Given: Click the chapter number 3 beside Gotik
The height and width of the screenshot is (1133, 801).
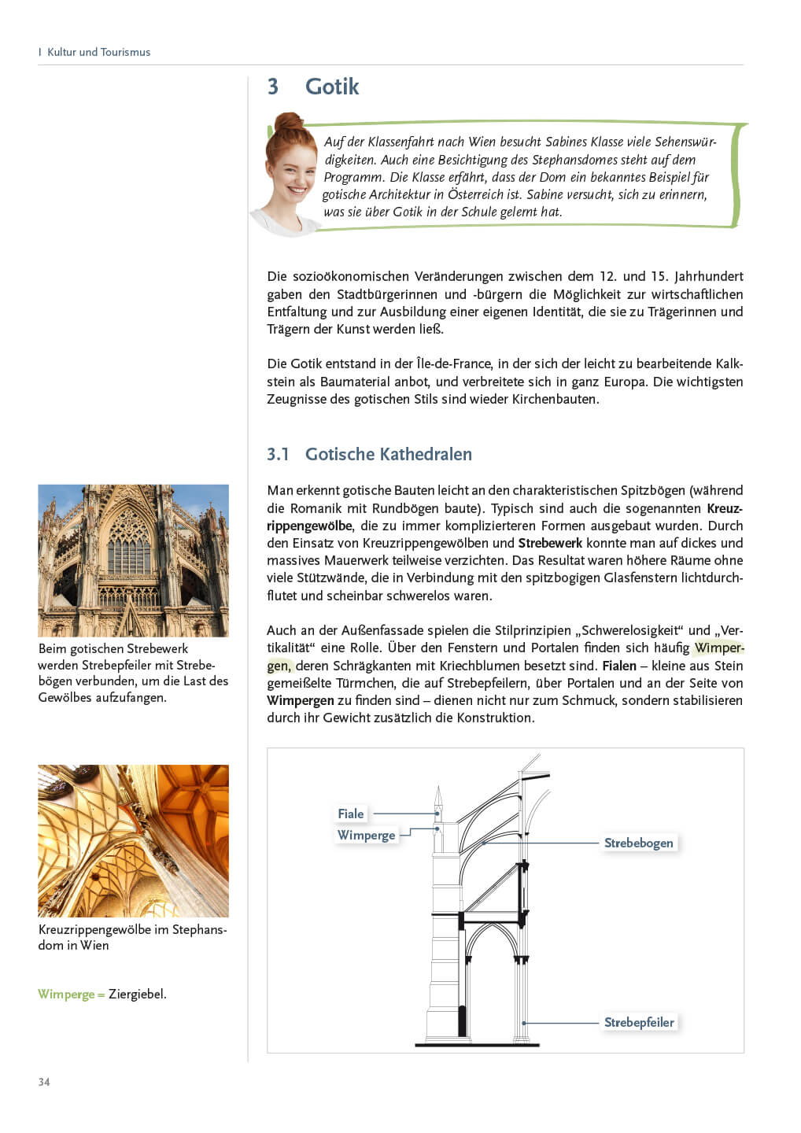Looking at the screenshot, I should pos(273,87).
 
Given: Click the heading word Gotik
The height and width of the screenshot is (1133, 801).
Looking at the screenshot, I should pos(331,87).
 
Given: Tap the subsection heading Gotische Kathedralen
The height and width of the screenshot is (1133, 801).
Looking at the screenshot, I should pos(388,454).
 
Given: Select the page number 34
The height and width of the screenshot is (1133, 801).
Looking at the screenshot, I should pos(44,1082).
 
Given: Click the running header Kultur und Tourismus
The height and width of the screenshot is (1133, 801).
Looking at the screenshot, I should pos(98,52).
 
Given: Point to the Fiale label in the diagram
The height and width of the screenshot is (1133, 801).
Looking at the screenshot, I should pos(351,814).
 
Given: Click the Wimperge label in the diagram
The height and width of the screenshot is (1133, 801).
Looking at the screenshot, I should pos(366,835).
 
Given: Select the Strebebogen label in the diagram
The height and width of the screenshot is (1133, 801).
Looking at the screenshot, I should pos(638,843).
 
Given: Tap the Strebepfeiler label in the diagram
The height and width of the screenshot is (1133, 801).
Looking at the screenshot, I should pos(639,1022).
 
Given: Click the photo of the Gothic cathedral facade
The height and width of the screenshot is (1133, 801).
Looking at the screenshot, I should pos(133,560).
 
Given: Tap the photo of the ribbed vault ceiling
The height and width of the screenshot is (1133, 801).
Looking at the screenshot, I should pos(133,840).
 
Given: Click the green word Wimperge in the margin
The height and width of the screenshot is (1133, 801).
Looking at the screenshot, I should pos(66,994).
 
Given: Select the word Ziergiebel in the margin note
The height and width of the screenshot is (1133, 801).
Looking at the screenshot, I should pos(137,994).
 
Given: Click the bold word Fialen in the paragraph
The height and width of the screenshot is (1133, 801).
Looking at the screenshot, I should pos(619,666).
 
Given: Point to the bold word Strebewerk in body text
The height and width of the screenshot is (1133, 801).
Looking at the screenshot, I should pos(550,543).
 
